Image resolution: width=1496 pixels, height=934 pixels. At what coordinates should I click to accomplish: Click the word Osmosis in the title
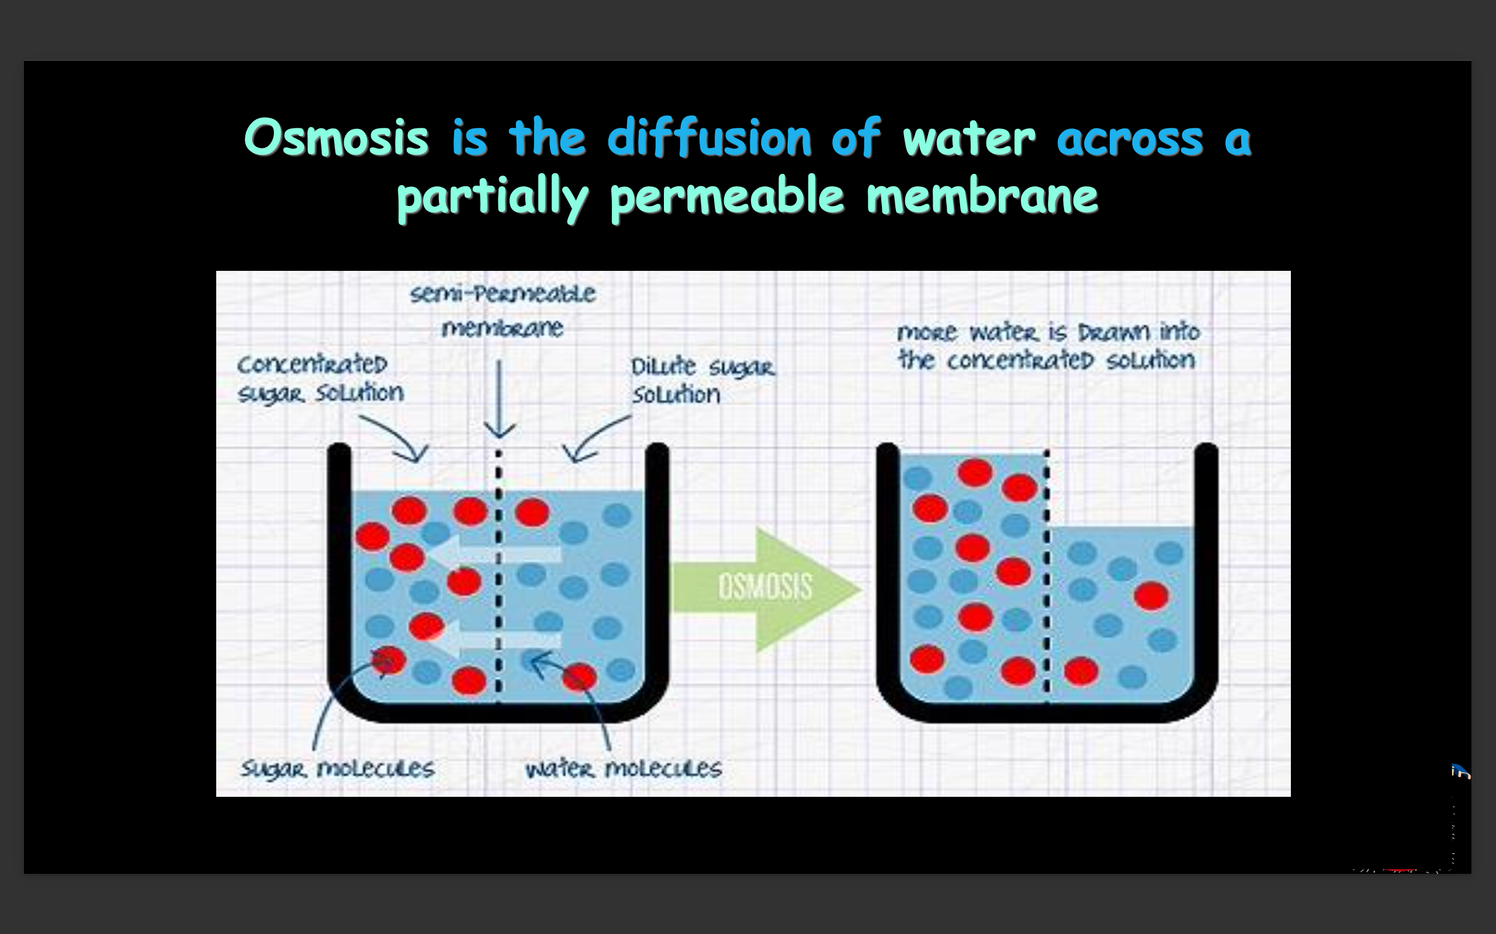tap(336, 137)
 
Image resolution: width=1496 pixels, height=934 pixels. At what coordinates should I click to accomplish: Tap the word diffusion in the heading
tap(709, 137)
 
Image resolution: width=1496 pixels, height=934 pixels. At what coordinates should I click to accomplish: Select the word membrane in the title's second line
tap(982, 196)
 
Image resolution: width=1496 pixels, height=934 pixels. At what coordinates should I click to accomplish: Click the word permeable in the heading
tap(727, 196)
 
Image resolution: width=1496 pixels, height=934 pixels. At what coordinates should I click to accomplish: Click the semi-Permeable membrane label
tap(503, 310)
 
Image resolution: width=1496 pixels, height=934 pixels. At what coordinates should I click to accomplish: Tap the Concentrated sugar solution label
tap(320, 378)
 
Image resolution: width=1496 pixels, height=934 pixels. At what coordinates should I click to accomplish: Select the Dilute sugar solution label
tap(702, 381)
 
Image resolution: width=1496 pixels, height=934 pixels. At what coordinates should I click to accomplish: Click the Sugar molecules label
tap(338, 768)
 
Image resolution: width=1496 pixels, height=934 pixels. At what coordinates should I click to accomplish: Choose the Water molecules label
tap(623, 768)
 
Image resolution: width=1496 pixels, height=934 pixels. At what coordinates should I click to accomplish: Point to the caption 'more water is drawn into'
tap(1048, 332)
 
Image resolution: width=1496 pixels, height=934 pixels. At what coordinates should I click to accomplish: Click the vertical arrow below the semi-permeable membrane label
tap(499, 399)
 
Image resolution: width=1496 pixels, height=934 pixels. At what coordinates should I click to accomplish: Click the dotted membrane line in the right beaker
tap(1047, 574)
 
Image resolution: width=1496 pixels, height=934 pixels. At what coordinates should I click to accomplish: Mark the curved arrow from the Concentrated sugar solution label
tap(396, 437)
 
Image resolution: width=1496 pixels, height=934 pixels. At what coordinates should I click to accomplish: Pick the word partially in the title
tap(493, 196)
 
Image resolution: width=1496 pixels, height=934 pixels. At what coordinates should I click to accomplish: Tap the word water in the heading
tap(969, 137)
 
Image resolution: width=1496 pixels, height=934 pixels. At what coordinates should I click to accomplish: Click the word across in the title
tap(1130, 137)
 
